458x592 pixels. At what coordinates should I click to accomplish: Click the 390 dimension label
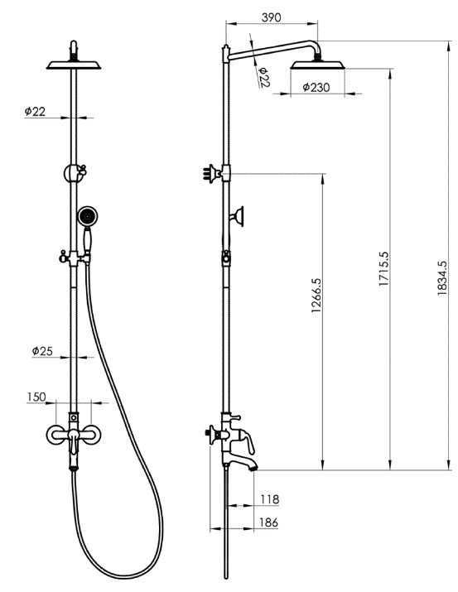[271, 17]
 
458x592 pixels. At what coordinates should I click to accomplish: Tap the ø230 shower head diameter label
[316, 87]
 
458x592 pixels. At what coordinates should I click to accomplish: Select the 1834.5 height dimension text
[441, 278]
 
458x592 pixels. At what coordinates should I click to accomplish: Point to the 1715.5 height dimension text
[383, 268]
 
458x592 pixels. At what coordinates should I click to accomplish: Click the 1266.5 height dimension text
[316, 296]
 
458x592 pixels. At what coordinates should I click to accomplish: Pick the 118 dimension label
[270, 499]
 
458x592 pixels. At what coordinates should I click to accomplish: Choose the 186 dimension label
[268, 522]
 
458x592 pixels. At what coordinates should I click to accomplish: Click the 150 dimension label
[36, 397]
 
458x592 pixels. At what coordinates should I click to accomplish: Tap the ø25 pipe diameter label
[42, 351]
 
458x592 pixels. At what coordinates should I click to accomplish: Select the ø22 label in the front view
[35, 112]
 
